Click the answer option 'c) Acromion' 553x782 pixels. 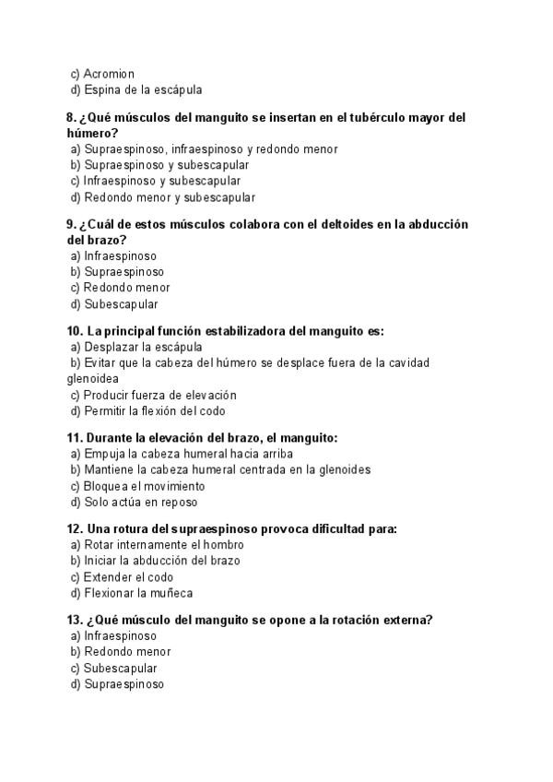pos(102,74)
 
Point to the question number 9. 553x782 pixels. pos(71,224)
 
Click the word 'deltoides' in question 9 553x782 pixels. pos(312,224)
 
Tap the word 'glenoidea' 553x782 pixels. pos(92,378)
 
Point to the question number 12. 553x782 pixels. pos(75,529)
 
